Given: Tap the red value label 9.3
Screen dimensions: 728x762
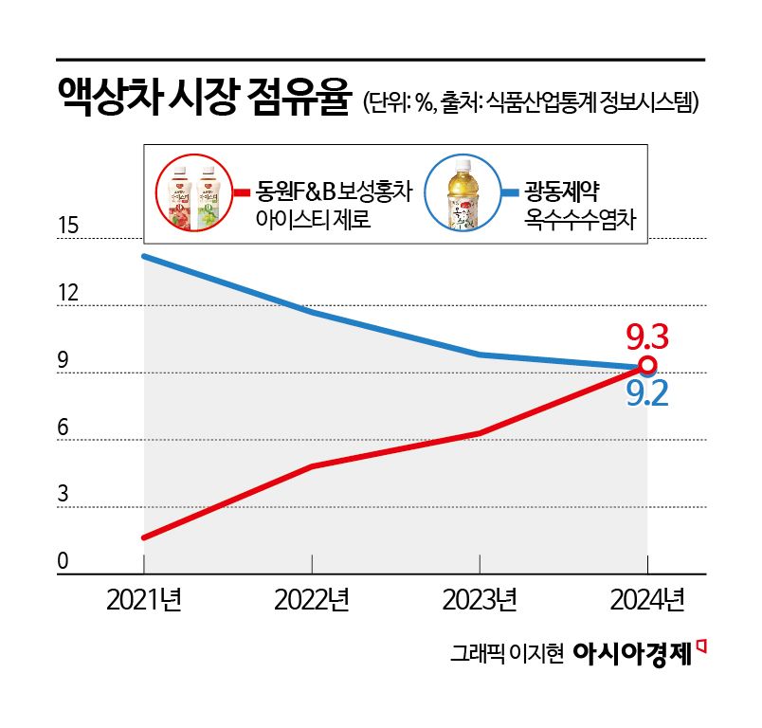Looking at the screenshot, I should tap(648, 337).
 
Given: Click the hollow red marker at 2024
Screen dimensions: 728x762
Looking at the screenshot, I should tap(647, 366).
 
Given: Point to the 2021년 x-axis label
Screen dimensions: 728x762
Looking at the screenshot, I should tap(144, 600).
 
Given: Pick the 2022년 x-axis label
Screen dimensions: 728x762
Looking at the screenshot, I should tap(312, 600).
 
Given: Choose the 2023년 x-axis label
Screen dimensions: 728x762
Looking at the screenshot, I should tap(480, 600).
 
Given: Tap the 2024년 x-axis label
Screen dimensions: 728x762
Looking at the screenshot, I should tap(647, 600).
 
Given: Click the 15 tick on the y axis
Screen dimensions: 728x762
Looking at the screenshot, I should tap(68, 227).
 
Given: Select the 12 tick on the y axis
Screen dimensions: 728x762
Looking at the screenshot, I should tap(68, 293).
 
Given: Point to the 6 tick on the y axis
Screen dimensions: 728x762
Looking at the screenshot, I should tap(63, 428).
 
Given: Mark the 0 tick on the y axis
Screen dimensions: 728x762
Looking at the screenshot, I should tap(63, 562).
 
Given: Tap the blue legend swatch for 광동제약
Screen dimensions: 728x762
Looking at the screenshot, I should tap(509, 192).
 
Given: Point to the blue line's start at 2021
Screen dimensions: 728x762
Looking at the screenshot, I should tap(144, 257).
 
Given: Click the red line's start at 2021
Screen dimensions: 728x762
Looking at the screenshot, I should tap(144, 537).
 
